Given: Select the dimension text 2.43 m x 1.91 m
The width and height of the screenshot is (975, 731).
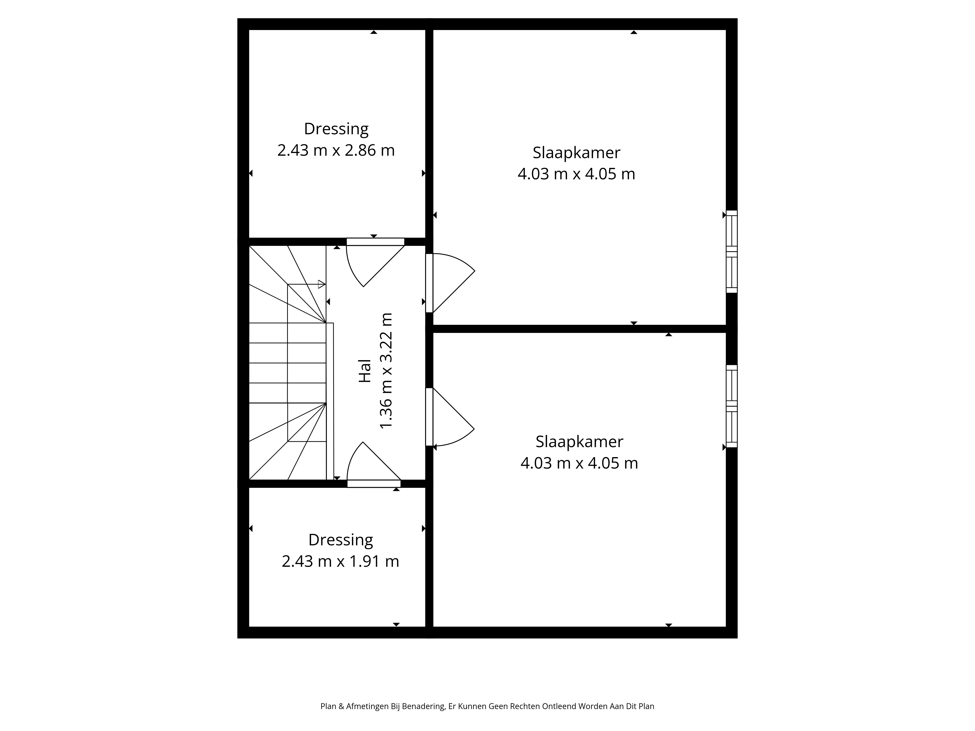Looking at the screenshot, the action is point(340,561).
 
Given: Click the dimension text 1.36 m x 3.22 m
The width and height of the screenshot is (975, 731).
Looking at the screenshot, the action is point(386,371).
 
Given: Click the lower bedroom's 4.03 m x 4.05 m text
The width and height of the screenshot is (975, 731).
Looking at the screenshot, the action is point(579,463).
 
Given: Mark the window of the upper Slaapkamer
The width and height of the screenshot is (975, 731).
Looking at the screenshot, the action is point(732,252).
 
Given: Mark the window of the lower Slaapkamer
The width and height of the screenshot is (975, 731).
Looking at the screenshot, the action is point(732,406).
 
